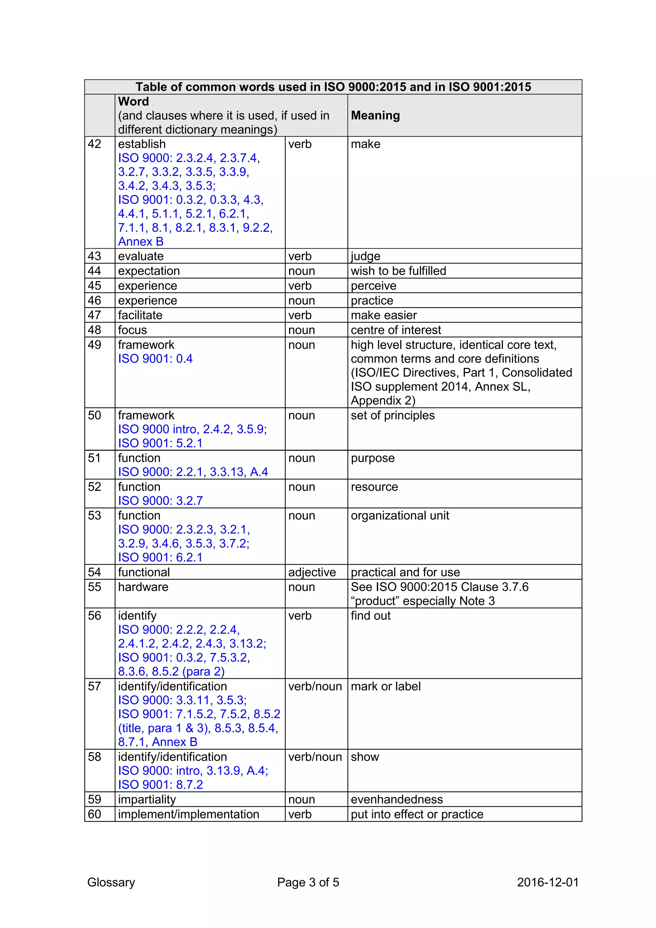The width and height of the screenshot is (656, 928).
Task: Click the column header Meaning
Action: pyautogui.click(x=375, y=116)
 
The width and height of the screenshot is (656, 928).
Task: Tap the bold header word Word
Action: pyautogui.click(x=133, y=102)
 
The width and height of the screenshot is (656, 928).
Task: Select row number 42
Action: pyautogui.click(x=94, y=144)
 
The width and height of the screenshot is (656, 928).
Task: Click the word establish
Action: pyautogui.click(x=142, y=144)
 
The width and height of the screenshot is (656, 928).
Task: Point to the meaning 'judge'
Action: pyautogui.click(x=365, y=256)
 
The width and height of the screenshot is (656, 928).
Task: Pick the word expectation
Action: pyautogui.click(x=149, y=271)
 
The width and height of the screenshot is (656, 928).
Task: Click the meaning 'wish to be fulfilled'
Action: pyautogui.click(x=398, y=271)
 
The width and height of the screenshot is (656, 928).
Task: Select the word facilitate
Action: pyautogui.click(x=140, y=315)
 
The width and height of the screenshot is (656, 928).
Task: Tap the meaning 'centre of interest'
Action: pyautogui.click(x=396, y=330)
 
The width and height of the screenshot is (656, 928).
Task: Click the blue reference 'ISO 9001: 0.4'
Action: pyautogui.click(x=155, y=359)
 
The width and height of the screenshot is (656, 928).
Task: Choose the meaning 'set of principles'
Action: pyautogui.click(x=393, y=416)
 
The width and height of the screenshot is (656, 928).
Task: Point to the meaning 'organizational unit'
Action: pyautogui.click(x=400, y=516)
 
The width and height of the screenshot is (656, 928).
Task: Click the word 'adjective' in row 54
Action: pyautogui.click(x=312, y=572)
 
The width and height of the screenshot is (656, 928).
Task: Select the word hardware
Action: pyautogui.click(x=143, y=587)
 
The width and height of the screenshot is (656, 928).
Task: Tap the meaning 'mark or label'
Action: pyautogui.click(x=386, y=686)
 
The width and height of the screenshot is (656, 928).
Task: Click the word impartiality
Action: pyautogui.click(x=147, y=800)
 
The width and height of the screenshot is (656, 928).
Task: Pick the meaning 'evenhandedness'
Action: pyautogui.click(x=397, y=800)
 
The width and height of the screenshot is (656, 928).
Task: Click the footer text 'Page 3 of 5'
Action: pyautogui.click(x=308, y=882)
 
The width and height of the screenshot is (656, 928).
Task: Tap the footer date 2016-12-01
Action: pyautogui.click(x=548, y=882)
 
